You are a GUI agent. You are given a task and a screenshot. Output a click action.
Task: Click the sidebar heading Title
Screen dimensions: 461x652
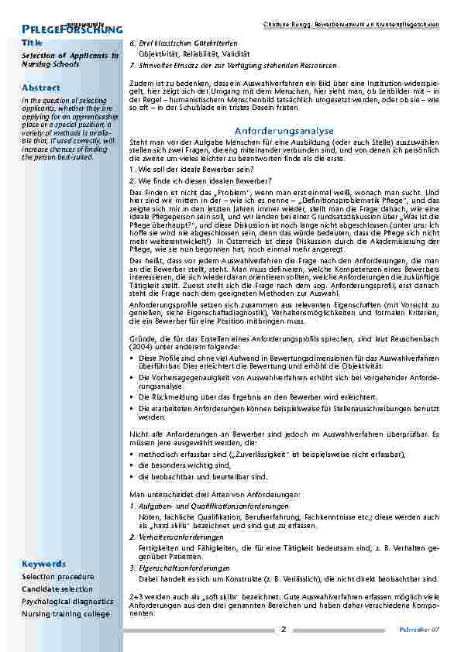click(x=33, y=42)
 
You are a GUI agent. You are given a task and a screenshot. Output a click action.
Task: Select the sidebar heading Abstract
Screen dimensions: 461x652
click(x=40, y=88)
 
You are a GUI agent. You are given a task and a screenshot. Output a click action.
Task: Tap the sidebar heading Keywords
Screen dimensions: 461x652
click(x=43, y=563)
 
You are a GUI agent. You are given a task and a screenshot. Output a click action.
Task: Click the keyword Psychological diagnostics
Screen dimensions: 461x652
click(x=67, y=602)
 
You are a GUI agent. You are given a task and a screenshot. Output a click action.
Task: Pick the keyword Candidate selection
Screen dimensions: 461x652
click(x=57, y=589)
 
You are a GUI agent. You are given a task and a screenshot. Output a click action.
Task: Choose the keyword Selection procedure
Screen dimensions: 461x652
click(x=58, y=577)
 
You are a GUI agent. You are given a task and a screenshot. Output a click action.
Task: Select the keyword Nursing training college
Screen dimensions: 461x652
click(x=66, y=614)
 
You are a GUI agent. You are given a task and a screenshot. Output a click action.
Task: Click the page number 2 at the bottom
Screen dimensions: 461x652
click(x=284, y=629)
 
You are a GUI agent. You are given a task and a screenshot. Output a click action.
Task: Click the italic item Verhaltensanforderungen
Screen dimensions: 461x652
click(x=179, y=537)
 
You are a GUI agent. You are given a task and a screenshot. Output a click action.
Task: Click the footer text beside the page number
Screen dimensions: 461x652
click(x=425, y=630)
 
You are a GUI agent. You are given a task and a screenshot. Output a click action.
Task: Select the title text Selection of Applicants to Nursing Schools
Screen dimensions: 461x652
click(x=70, y=61)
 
